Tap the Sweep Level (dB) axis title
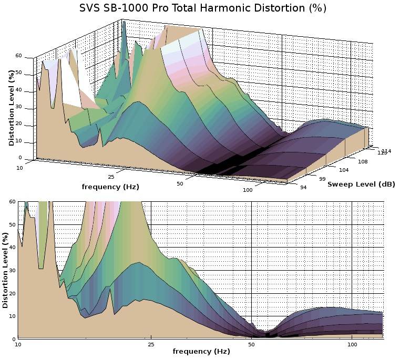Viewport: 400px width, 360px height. point(361,184)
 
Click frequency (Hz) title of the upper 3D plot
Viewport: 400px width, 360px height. point(110,187)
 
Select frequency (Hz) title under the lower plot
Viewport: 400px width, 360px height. point(201,351)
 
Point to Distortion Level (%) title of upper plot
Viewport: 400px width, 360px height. point(11,108)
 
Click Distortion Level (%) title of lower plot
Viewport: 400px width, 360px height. point(5,268)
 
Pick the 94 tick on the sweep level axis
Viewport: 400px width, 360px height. point(303,187)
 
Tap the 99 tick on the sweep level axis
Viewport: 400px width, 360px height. point(322,179)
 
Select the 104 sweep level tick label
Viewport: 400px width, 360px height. point(344,170)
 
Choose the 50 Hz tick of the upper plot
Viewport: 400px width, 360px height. point(180,183)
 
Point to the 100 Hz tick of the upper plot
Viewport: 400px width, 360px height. point(248,190)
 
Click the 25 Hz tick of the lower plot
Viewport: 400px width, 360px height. point(151,345)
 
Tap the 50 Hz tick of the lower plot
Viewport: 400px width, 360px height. point(252,345)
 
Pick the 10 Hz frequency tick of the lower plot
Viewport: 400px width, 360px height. point(18,345)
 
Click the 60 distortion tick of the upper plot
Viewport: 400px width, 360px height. point(18,55)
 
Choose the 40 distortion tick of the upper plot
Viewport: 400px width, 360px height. point(18,89)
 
